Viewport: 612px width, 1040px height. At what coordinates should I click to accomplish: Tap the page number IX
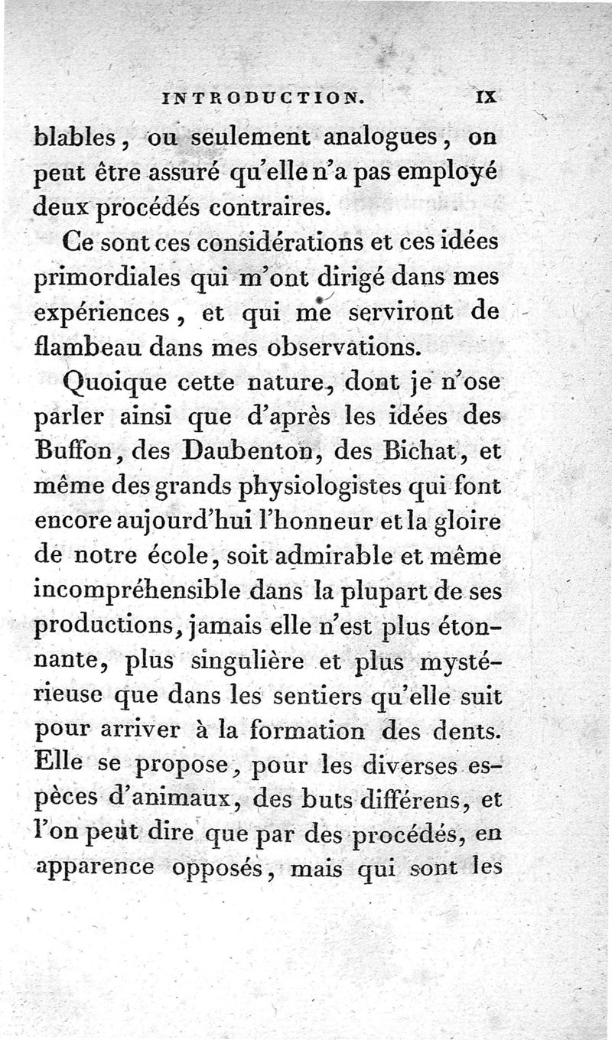487,97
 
